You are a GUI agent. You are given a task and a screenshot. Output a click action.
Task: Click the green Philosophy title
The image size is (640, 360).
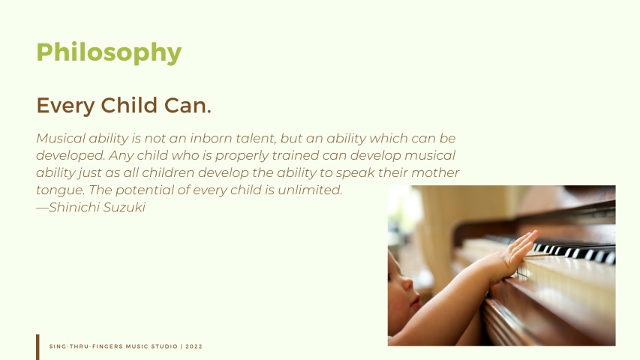click(x=109, y=52)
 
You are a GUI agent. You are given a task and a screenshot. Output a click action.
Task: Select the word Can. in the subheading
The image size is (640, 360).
click(x=188, y=105)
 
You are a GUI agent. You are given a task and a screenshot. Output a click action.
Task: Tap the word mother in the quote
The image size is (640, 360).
click(x=435, y=172)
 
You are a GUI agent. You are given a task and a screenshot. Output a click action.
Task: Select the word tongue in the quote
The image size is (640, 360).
click(x=61, y=190)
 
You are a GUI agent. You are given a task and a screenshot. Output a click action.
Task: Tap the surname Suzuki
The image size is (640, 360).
click(x=124, y=207)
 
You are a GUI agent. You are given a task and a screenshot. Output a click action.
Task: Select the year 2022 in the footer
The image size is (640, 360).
click(x=194, y=346)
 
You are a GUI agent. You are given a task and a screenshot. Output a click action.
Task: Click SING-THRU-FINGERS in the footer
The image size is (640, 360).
click(x=86, y=346)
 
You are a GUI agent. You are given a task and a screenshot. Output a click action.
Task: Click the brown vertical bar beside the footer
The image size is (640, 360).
click(x=38, y=347)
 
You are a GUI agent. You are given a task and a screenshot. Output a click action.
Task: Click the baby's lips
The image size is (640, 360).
click(x=416, y=301)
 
